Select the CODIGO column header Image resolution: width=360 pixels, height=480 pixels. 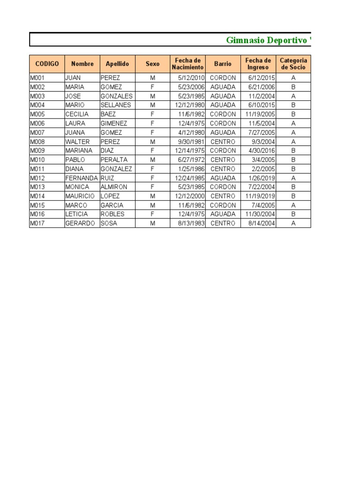[x=47, y=64]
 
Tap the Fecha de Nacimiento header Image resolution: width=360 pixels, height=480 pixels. [x=187, y=64]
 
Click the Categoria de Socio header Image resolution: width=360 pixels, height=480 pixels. [x=293, y=64]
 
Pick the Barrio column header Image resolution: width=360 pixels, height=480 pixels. [x=223, y=64]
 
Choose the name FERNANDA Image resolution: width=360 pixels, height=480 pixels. [x=82, y=178]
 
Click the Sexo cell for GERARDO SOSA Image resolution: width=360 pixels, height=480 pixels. [x=152, y=224]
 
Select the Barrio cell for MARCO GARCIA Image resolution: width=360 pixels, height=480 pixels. [x=223, y=205]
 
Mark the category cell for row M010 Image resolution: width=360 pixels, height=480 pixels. [x=293, y=160]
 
